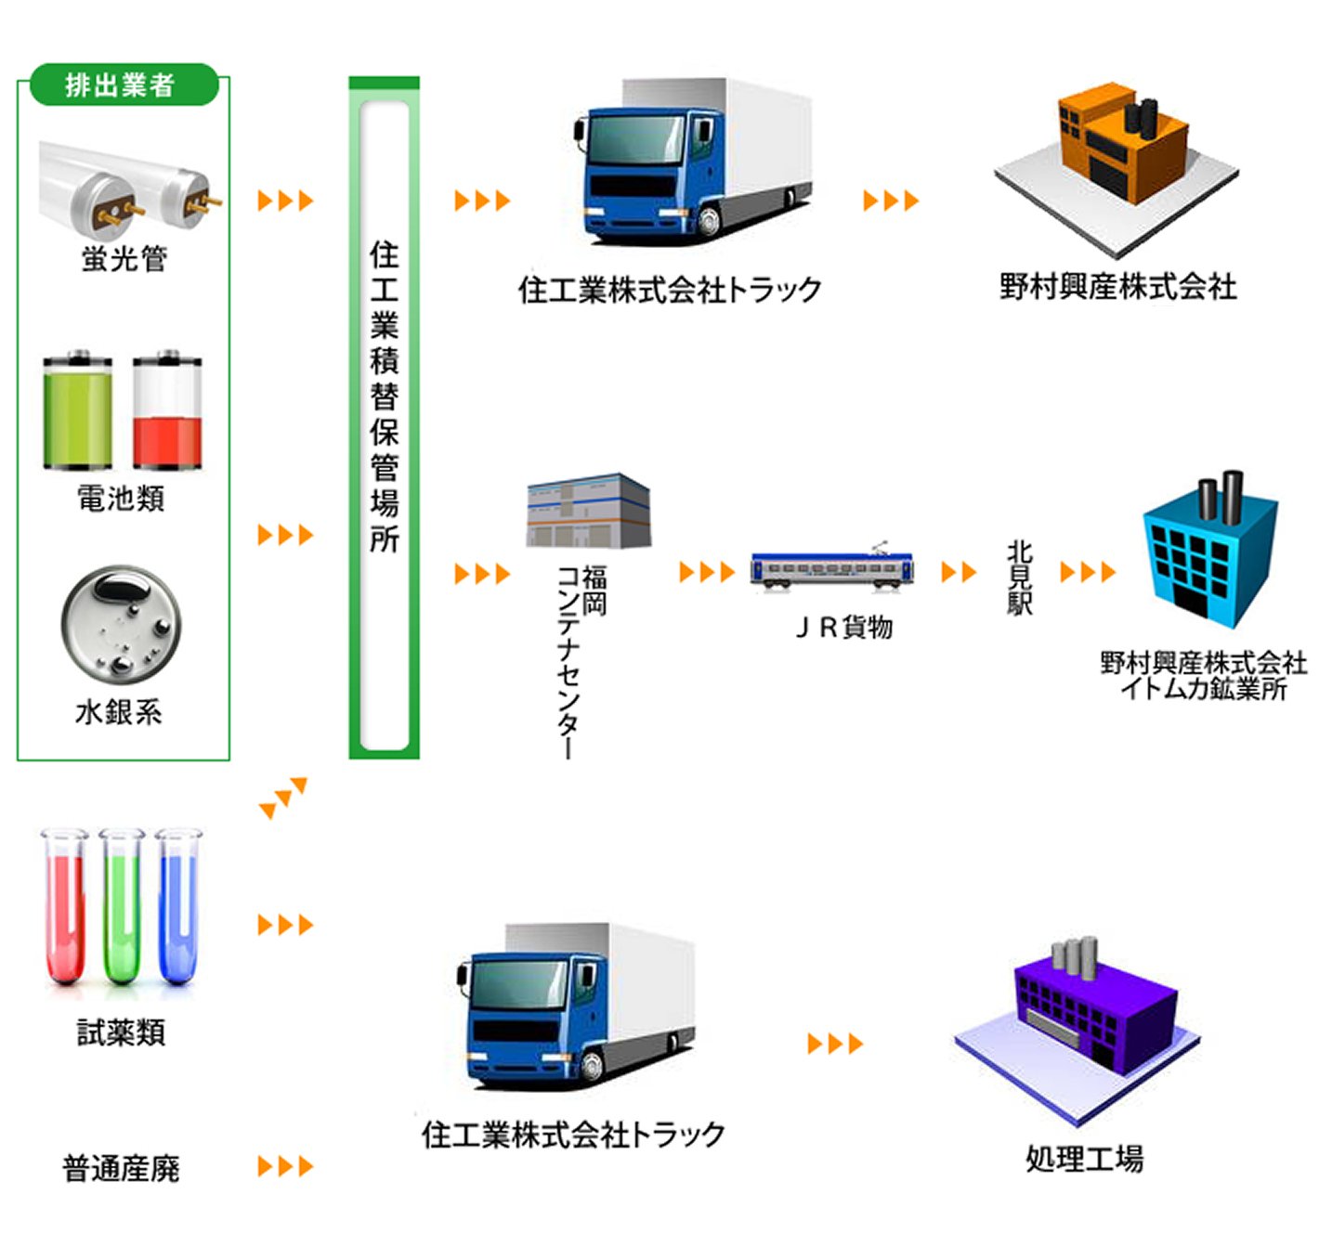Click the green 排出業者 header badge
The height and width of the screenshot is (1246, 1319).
(x=124, y=84)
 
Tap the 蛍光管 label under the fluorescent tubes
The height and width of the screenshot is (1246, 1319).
(x=124, y=258)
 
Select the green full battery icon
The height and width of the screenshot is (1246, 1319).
(x=78, y=410)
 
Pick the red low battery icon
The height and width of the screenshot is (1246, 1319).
(x=167, y=410)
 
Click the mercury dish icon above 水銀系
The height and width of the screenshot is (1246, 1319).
(x=121, y=624)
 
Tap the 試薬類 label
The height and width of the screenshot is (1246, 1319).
(x=121, y=1032)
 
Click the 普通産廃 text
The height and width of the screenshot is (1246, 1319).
(x=121, y=1168)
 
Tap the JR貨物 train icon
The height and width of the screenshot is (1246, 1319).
(x=832, y=568)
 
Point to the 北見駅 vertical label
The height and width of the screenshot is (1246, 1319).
(x=1019, y=578)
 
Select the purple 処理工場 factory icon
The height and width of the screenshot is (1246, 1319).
(x=1082, y=1021)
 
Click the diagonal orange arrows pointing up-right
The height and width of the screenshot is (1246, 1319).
(x=283, y=798)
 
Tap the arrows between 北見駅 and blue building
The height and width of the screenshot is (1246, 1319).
(x=1088, y=572)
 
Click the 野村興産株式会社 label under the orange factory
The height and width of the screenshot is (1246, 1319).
(x=1117, y=286)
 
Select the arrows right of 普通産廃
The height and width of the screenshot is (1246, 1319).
(x=285, y=1166)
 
